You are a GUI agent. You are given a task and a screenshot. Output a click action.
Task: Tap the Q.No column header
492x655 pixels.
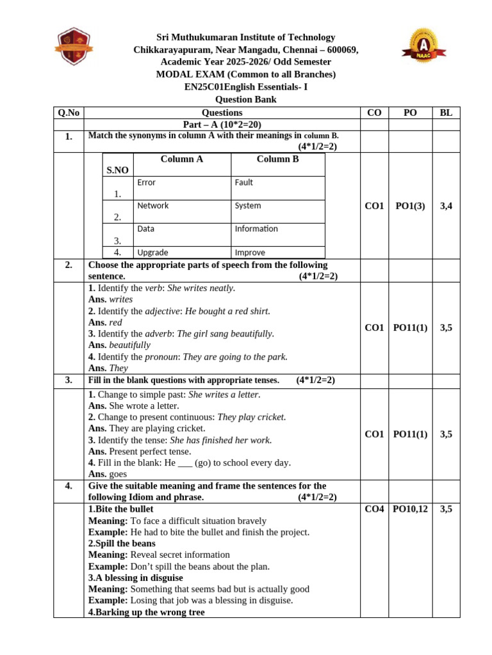click(x=69, y=113)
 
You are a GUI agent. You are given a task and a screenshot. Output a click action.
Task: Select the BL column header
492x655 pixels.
click(x=446, y=113)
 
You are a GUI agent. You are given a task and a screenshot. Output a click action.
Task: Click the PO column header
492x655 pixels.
click(x=411, y=113)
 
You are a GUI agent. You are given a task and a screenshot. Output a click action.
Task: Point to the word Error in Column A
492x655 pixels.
click(x=146, y=182)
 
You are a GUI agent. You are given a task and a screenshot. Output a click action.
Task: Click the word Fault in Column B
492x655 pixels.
click(x=243, y=182)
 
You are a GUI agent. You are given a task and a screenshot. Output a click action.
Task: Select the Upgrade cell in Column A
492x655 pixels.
click(x=152, y=252)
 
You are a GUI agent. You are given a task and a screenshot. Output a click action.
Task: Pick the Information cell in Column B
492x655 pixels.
click(x=256, y=228)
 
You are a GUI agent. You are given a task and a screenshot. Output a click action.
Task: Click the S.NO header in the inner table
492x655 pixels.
click(x=117, y=170)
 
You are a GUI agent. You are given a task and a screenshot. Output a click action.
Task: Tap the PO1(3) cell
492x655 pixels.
click(x=411, y=206)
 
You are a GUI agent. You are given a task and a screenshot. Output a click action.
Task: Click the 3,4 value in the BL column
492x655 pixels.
click(x=446, y=206)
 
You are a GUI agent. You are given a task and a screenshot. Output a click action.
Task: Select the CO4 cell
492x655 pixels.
click(x=374, y=509)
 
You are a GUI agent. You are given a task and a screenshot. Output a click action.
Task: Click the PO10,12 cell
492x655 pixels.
click(x=411, y=509)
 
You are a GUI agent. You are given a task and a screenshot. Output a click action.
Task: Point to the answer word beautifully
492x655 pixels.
click(x=130, y=345)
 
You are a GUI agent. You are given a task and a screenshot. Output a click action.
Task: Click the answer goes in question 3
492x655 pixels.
click(x=118, y=474)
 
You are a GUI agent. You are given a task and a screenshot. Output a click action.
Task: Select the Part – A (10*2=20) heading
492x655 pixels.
click(x=222, y=125)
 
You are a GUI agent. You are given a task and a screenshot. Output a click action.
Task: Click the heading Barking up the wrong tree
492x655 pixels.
click(x=147, y=612)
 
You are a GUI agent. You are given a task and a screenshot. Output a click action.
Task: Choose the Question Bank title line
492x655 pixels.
click(x=246, y=100)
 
